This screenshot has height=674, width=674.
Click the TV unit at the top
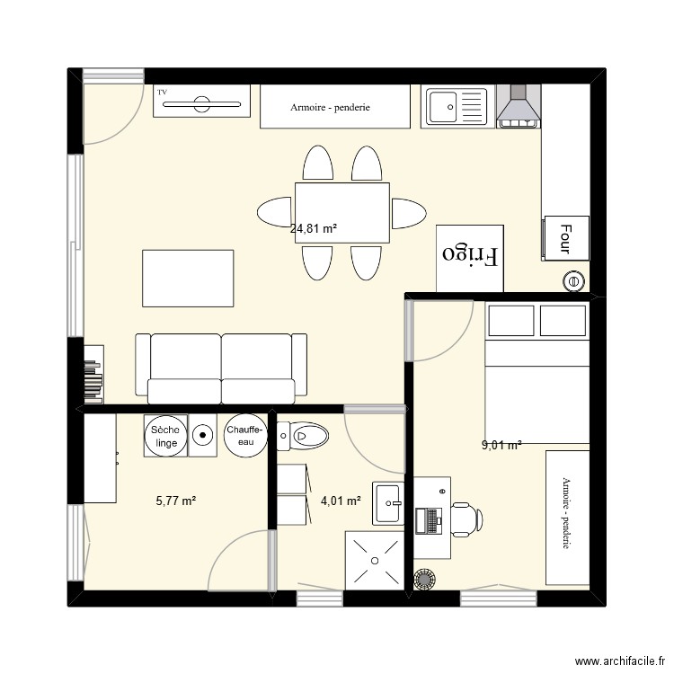tap(201, 101)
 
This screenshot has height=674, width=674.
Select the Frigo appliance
tap(470, 256)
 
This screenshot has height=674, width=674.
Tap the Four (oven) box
tap(565, 238)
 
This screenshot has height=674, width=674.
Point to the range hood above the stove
tap(519, 105)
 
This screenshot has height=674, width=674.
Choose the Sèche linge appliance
tap(165, 436)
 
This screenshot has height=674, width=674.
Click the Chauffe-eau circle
tap(245, 436)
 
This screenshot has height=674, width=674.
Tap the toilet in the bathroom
tap(306, 437)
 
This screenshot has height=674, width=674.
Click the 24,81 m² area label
tap(314, 229)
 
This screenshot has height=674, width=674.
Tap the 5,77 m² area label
tap(176, 501)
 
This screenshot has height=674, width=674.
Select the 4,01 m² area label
tap(341, 501)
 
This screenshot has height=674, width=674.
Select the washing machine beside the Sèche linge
tap(204, 436)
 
